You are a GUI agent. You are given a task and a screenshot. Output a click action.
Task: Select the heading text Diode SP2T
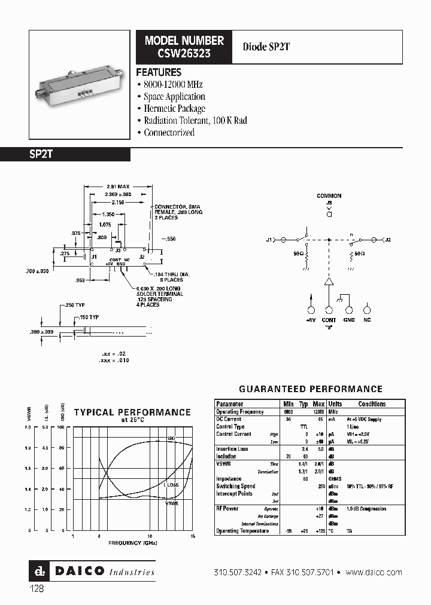coord(266,47)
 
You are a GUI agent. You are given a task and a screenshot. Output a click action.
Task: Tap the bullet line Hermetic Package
coord(174,109)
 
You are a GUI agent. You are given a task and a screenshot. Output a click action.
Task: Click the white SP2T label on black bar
coord(42,154)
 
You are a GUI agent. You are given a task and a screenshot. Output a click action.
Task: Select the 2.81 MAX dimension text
coord(118,187)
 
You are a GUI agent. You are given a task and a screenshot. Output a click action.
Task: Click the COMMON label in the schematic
coord(329,196)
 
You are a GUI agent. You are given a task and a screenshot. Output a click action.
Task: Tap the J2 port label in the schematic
coord(387,240)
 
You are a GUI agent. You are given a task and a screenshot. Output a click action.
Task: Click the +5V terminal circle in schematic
coord(311,309)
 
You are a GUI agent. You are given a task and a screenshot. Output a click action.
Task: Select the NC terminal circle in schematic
coord(367,309)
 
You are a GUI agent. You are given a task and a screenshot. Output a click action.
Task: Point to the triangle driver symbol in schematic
coord(329,281)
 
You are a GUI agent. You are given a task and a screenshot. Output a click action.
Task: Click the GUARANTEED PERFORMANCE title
coord(310,389)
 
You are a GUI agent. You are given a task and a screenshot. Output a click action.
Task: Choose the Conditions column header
coord(372,404)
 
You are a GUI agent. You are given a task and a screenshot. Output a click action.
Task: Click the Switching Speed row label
coord(236,486)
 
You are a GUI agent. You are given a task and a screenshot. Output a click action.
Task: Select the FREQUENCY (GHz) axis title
coord(133,543)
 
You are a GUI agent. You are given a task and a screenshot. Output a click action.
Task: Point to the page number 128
coord(37,589)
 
